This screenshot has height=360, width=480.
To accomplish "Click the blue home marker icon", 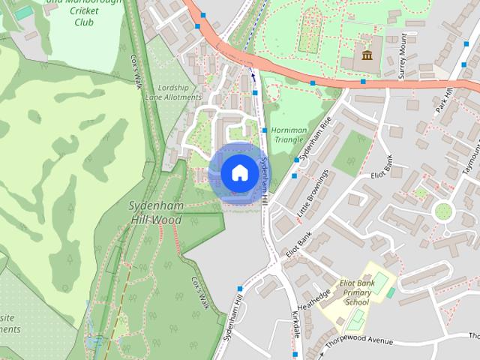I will pos(239,172).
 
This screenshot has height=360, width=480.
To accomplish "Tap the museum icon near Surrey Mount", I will pos(367,55).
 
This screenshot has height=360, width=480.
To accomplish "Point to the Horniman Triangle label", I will pos(287,134).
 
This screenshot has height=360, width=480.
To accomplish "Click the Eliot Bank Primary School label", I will pos(356,292).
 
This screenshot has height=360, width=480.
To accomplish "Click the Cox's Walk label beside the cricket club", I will pos(137,71).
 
